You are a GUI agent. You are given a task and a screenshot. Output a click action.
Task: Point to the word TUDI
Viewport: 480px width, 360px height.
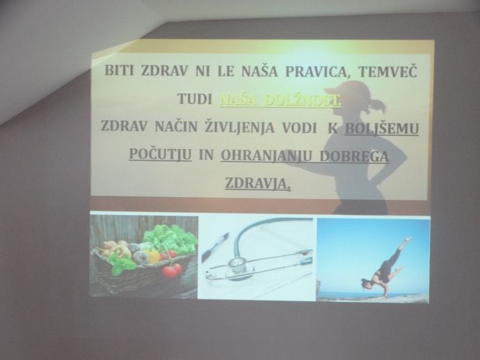click(x=195, y=99)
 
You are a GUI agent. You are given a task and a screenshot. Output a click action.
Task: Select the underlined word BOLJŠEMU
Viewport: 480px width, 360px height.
click(x=382, y=129)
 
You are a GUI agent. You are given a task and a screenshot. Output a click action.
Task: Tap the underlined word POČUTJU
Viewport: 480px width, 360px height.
click(x=160, y=154)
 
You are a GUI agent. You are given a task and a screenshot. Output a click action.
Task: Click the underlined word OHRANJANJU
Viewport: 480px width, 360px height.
click(x=266, y=156)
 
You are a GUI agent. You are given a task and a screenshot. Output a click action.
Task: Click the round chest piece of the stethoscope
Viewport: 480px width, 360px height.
click(x=238, y=264)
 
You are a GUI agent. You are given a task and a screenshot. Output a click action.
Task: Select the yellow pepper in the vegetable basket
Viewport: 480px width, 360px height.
click(x=152, y=256)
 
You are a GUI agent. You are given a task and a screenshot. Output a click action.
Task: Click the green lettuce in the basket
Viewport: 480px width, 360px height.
click(x=170, y=238)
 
